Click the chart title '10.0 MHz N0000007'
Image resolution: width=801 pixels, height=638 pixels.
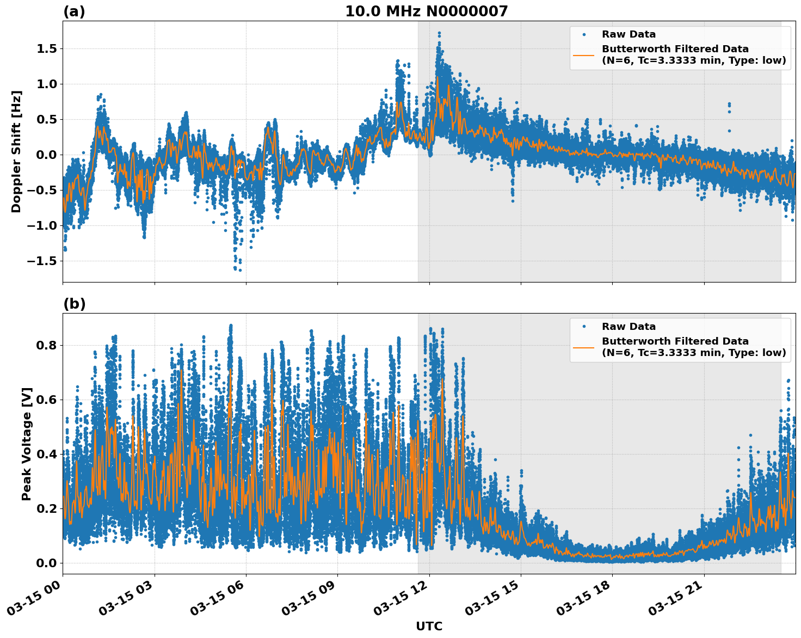(426, 11)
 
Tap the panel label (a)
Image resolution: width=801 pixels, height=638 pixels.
(74, 11)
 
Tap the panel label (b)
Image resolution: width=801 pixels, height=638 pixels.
(74, 304)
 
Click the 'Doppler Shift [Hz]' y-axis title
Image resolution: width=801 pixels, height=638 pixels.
(16, 151)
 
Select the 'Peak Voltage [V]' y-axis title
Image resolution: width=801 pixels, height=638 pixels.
(27, 444)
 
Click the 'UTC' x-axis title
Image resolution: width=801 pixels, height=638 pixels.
(429, 626)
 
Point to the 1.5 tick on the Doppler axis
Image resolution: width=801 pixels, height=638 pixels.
(46, 49)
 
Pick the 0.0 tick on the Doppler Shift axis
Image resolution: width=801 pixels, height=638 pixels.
(46, 155)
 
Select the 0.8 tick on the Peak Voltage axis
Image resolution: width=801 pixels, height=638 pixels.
(46, 345)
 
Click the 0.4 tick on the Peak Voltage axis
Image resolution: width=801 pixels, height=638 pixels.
(46, 454)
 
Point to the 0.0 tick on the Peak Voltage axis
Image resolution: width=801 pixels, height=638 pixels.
(46, 563)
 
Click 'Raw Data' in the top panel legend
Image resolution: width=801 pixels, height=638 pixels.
(629, 34)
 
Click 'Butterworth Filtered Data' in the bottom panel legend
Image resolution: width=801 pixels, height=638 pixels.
(675, 341)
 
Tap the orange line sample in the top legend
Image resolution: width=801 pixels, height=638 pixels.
(583, 55)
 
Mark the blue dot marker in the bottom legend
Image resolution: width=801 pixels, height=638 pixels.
(583, 327)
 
